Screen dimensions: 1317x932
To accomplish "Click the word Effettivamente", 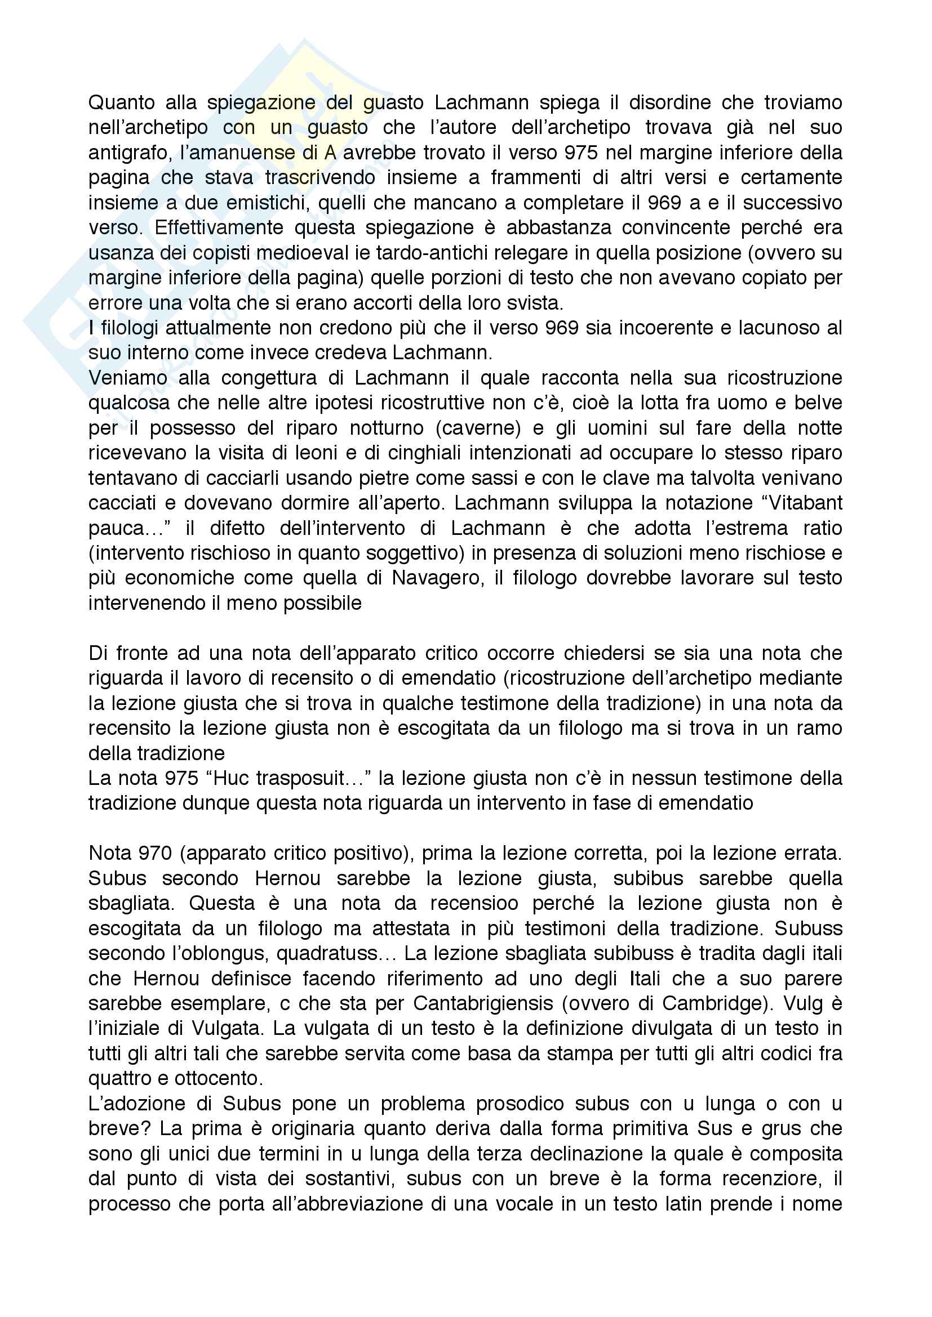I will pyautogui.click(x=219, y=227).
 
